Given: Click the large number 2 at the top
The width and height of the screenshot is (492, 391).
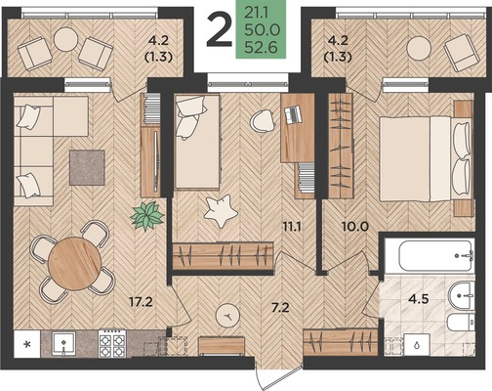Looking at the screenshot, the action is click(x=219, y=30).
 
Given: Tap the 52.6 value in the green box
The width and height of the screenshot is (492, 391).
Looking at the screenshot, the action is click(x=261, y=48).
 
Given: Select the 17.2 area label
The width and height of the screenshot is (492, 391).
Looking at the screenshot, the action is click(x=141, y=302).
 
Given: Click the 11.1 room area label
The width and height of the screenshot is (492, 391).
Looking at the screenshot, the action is click(x=292, y=227).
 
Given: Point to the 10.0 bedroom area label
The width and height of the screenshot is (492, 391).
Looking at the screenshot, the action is click(x=355, y=226).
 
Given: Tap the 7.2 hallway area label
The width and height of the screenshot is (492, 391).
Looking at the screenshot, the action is click(x=280, y=307).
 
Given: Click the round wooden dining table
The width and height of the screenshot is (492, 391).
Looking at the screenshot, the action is click(x=74, y=264).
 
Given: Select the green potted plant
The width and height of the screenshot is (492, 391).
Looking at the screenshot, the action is click(x=146, y=216).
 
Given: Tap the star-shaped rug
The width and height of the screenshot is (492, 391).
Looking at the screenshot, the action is click(x=221, y=211).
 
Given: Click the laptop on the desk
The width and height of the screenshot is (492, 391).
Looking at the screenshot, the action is click(x=293, y=114).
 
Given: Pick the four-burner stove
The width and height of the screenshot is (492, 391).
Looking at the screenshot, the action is click(x=112, y=344).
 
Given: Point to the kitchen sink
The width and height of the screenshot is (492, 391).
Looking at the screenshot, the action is click(x=64, y=344).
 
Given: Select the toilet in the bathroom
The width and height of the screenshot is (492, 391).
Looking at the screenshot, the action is click(x=461, y=323).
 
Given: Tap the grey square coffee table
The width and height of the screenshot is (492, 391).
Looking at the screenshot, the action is click(x=87, y=167).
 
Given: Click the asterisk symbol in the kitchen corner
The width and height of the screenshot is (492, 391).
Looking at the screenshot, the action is click(x=28, y=344).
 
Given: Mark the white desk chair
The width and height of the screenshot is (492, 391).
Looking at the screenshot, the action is click(x=264, y=121).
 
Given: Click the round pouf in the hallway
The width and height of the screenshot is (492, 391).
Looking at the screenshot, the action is click(x=228, y=316).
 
